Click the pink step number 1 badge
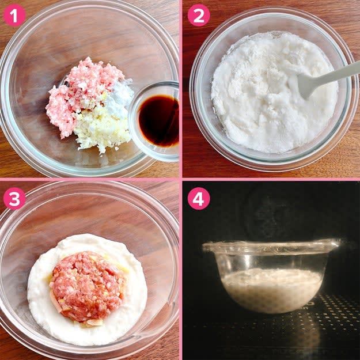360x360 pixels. [x=14, y=15]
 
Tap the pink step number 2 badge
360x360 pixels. [x=199, y=15]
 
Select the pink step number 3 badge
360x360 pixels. [x=14, y=199]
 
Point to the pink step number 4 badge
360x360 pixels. [x=199, y=199]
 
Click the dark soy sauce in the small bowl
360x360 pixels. [x=159, y=120]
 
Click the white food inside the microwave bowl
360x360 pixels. [x=272, y=290]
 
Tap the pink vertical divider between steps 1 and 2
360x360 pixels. [x=181, y=88]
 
